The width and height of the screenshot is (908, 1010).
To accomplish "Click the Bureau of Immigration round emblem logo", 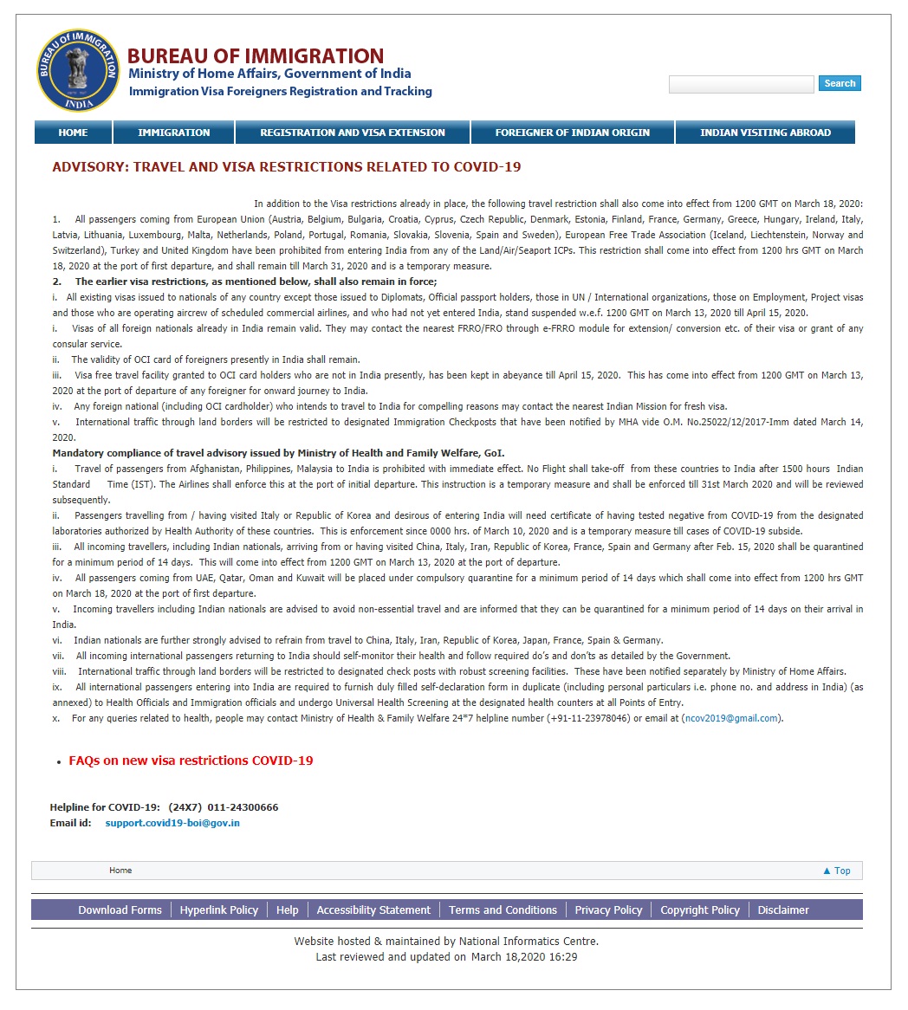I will (78, 70).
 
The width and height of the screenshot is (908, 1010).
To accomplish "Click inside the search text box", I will (741, 84).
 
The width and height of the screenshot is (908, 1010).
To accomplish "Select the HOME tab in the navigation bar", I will (73, 133).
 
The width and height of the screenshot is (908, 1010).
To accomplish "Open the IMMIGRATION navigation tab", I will (173, 133).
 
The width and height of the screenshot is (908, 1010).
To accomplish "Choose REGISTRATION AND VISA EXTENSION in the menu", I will (353, 133).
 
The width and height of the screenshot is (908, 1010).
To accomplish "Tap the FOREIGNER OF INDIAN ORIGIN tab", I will (572, 133).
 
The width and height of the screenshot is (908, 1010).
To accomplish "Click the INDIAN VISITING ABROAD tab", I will (765, 133).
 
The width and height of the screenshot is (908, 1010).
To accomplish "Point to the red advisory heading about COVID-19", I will (287, 167).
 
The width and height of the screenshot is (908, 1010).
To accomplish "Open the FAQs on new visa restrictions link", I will (191, 761).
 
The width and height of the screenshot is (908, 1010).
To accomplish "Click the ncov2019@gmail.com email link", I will (731, 718).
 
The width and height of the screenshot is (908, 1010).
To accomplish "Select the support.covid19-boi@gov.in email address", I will (172, 823).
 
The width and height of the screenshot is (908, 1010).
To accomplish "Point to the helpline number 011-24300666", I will (243, 807).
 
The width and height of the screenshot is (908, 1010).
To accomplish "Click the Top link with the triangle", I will (837, 871).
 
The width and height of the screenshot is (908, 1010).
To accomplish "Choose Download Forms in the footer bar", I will (120, 910).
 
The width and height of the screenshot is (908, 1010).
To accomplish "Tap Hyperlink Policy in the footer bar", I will (219, 910).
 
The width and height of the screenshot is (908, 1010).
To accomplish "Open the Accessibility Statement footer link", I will (373, 910).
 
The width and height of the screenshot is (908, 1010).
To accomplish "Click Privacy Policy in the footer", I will (608, 910).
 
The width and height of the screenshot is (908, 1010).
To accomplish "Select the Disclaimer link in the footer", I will (783, 910).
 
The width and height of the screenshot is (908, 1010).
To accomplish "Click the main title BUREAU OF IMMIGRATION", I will (256, 56).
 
